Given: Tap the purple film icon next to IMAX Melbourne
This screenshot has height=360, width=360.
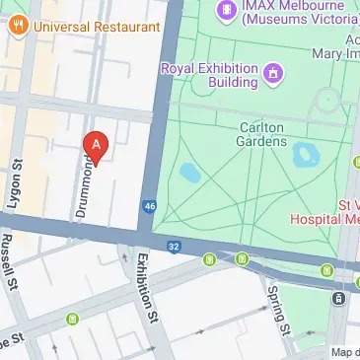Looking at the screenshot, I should click(x=228, y=10).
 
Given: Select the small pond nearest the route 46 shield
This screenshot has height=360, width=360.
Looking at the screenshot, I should click(x=189, y=174).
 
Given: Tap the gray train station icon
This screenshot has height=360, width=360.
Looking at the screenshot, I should click(x=339, y=298).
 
